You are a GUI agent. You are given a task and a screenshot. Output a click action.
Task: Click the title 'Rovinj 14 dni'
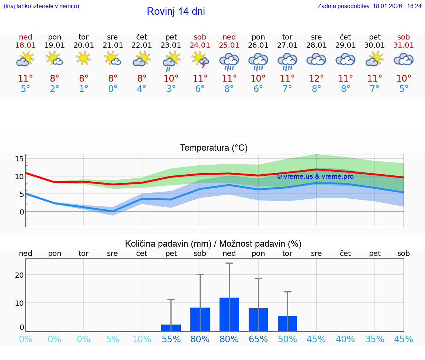coord(176,11)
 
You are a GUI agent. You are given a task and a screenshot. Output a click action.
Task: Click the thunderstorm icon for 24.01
coord(200,60)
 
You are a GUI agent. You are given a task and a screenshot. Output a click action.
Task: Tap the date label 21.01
coord(113,45)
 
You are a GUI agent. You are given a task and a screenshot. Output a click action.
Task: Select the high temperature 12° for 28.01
coord(316,78)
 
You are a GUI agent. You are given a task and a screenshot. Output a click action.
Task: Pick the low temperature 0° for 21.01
coord(113,89)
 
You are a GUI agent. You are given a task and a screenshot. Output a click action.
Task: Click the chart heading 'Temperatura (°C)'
coord(214,148)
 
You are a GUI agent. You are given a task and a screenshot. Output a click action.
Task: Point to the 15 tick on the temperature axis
coord(19,159)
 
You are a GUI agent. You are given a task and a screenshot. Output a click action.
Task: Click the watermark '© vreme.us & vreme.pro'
coord(315,176)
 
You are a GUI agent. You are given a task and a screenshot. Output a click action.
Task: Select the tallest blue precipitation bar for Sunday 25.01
coord(229,314)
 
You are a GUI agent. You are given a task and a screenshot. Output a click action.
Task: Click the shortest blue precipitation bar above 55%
coord(171,328)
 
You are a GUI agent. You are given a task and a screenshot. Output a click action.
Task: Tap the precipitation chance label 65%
coord(258,339)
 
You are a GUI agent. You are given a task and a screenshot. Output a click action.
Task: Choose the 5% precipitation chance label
coord(113,339)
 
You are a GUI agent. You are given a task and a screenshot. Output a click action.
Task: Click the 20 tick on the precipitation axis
coord(19,275)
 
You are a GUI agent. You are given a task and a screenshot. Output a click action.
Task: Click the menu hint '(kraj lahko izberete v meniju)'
coord(41,6)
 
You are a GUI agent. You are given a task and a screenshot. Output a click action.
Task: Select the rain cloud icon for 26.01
coord(258,61)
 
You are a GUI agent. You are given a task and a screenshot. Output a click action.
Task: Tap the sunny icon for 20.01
coord(84,58)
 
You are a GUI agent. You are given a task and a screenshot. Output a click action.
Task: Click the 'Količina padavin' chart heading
coord(213,244)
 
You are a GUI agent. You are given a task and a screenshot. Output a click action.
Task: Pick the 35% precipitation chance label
coord(375,339)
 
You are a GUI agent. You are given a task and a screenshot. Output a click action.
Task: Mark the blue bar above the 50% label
coord(287,323)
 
